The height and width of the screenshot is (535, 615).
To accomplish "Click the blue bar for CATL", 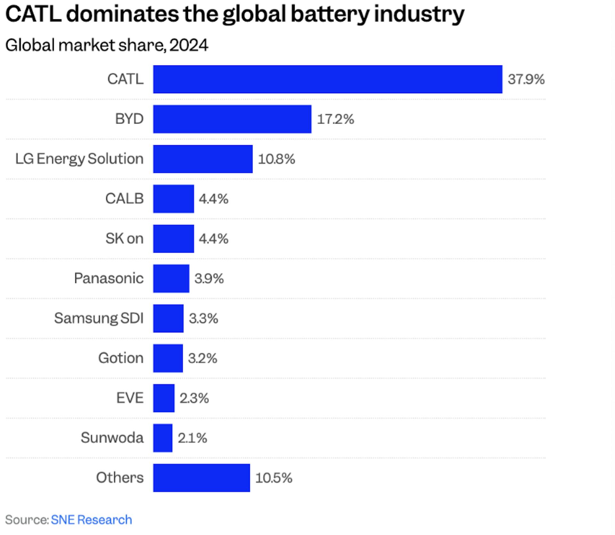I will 327,79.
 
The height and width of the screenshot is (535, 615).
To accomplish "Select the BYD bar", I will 232,119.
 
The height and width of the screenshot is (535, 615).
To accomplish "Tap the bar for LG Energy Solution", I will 202,159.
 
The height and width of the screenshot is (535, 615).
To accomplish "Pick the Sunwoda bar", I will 163,438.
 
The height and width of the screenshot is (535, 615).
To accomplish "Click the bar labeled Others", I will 201,478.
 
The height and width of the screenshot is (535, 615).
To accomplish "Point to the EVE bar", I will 164,398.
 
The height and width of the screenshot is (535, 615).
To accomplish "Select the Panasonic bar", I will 171,278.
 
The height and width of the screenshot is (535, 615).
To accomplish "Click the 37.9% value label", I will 526,79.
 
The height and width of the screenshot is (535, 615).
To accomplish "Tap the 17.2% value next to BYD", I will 335,119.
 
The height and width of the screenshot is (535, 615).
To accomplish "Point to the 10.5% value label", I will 274,478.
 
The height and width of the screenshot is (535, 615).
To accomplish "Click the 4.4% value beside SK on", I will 214,239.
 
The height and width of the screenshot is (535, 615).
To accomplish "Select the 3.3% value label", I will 203,318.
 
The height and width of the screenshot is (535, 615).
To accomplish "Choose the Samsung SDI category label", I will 99,318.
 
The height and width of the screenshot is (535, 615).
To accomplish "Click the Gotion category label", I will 121,358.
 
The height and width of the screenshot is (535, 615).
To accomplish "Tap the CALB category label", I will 124,199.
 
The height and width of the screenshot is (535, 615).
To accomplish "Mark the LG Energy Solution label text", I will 79,159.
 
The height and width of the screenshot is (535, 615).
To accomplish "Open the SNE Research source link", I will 91,520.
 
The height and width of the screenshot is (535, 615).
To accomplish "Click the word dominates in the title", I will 122,14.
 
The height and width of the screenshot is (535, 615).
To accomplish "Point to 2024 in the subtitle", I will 189,45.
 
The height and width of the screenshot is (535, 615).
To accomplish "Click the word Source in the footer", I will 26,520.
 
